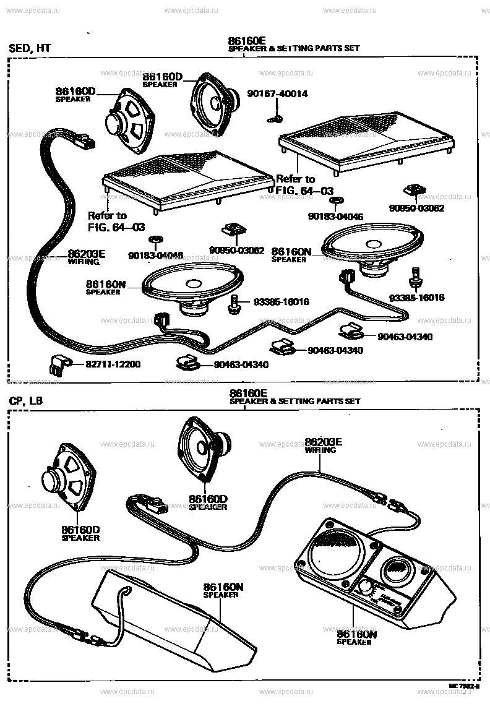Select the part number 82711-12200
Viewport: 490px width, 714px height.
104,364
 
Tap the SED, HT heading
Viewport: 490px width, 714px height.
30,49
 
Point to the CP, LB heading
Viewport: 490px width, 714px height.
26,401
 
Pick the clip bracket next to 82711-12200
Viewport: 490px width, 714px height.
58,364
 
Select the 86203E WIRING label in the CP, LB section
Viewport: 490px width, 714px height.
320,445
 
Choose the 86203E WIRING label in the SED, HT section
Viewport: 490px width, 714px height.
86,257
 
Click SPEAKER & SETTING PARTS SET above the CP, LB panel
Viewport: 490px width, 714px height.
294,401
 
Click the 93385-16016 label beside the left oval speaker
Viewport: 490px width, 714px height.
281,302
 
